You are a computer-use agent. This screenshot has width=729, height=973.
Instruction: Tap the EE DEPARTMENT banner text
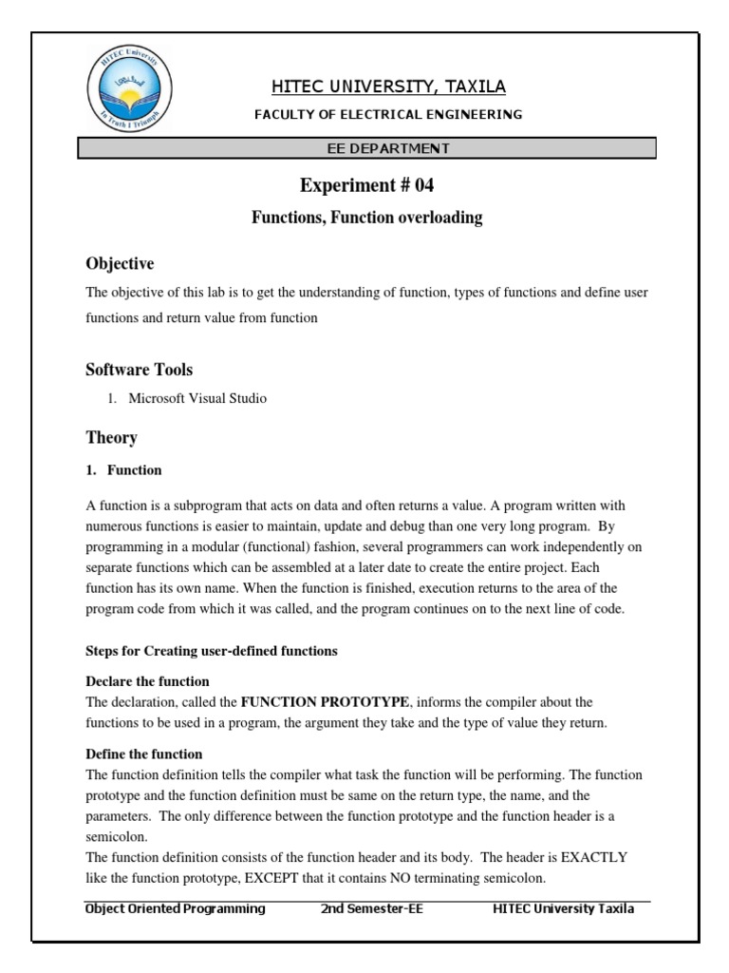[389, 148]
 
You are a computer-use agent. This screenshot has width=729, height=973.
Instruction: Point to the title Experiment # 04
[366, 184]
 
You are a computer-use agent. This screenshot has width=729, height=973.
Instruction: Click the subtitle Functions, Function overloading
[366, 218]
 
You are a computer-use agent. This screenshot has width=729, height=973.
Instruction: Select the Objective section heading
[120, 263]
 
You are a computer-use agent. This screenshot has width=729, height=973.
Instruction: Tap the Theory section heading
[112, 437]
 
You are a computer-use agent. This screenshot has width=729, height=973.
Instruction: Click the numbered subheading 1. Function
[124, 469]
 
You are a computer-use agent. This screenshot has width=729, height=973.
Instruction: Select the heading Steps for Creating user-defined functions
[212, 651]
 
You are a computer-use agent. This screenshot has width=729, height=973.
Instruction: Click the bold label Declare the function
[148, 682]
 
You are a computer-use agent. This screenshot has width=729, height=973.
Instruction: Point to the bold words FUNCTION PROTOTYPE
[326, 702]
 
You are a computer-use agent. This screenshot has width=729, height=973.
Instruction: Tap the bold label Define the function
[144, 754]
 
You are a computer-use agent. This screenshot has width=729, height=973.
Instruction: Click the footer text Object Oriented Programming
[176, 908]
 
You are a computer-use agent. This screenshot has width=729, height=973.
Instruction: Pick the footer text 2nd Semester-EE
[372, 908]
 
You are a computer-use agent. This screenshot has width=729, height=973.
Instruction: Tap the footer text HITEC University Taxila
[564, 908]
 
